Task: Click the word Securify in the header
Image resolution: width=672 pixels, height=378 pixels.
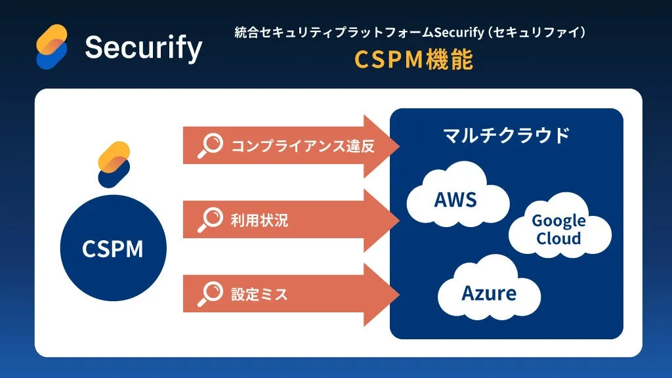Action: [144, 47]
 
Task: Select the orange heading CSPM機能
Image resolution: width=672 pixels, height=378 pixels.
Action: [413, 60]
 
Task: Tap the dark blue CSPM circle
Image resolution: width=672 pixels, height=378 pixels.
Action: [113, 249]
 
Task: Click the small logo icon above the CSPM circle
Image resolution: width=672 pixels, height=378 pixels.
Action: [114, 165]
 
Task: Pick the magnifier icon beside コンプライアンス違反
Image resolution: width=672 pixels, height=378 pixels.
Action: [211, 146]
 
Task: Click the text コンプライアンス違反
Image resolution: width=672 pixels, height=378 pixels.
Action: [303, 146]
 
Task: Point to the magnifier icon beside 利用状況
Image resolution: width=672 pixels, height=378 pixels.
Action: [211, 220]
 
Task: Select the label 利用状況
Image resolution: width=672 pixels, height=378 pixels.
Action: [259, 220]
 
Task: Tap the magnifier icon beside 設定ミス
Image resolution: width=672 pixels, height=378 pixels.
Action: [211, 294]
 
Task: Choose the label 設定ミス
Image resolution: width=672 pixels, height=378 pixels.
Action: [259, 294]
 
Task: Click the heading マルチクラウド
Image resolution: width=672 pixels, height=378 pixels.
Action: [506, 136]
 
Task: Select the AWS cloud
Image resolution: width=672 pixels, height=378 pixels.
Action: [456, 198]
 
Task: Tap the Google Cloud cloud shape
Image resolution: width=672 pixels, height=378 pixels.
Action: [558, 230]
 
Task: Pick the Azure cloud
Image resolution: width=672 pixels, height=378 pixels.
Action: [489, 292]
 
